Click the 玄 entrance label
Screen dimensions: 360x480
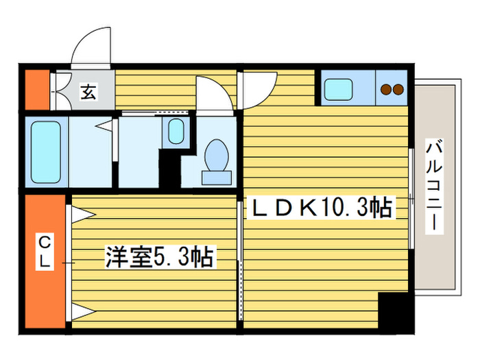coord(88,91)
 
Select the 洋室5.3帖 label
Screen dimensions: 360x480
coord(158,258)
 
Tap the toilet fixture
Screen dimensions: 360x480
coord(217,160)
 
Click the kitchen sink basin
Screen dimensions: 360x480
coord(339,89)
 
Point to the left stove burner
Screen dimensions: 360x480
coord(386,89)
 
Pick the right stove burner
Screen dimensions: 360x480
coord(398,89)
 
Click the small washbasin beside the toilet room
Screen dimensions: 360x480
coord(176,130)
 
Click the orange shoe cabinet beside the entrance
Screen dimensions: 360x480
coord(37,89)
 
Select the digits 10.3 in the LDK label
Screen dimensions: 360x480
coord(349,206)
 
